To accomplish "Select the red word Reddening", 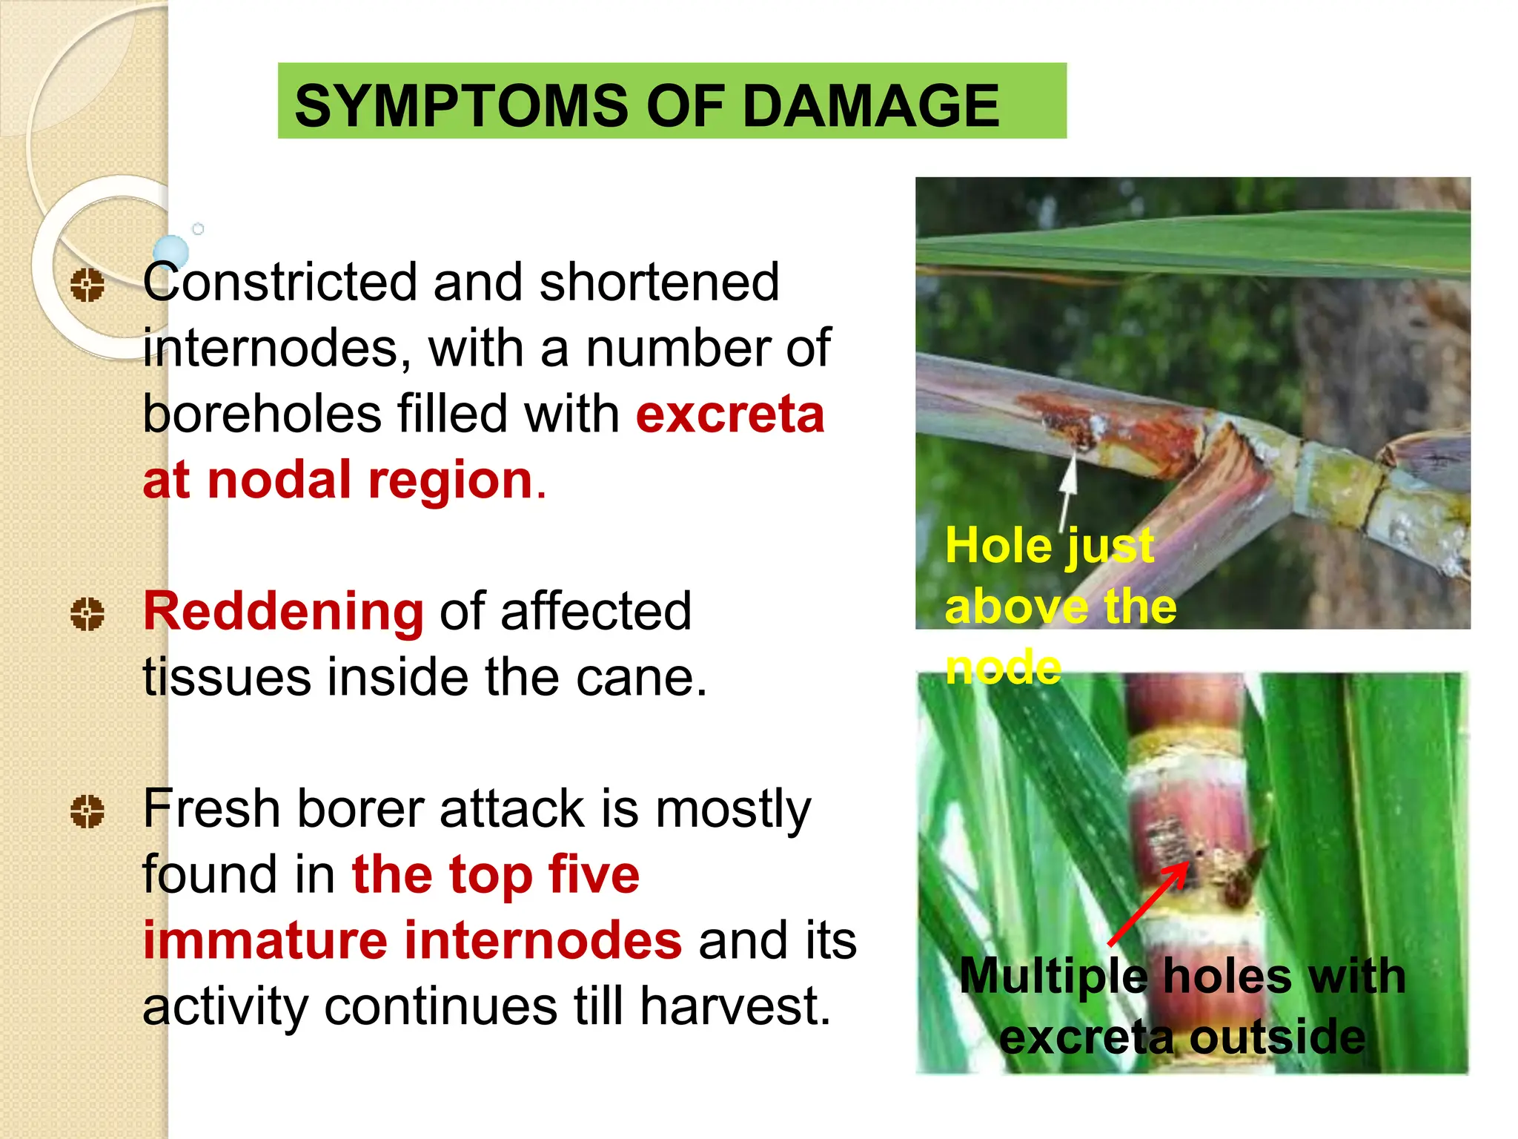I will (x=283, y=612).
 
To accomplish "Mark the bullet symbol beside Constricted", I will (x=87, y=285).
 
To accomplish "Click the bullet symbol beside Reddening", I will (x=87, y=615).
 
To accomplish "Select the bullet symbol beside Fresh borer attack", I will (x=87, y=811).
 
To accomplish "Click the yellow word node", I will (x=1003, y=667).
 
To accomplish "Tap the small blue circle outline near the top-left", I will (x=198, y=229).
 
